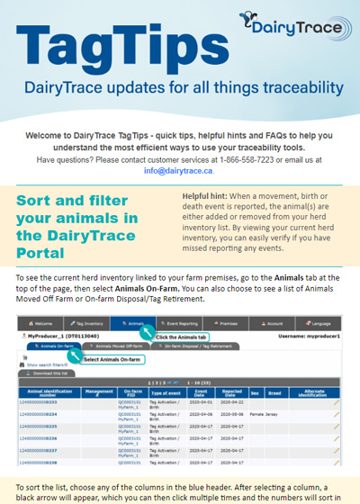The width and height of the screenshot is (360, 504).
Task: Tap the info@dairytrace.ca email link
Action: [x=178, y=170]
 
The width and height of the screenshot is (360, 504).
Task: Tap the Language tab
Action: [x=326, y=321]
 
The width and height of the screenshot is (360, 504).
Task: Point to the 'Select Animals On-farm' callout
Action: [x=114, y=358]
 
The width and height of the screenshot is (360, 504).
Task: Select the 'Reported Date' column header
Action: [x=233, y=393]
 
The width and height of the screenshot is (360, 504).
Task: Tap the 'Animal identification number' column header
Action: [x=46, y=393]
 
